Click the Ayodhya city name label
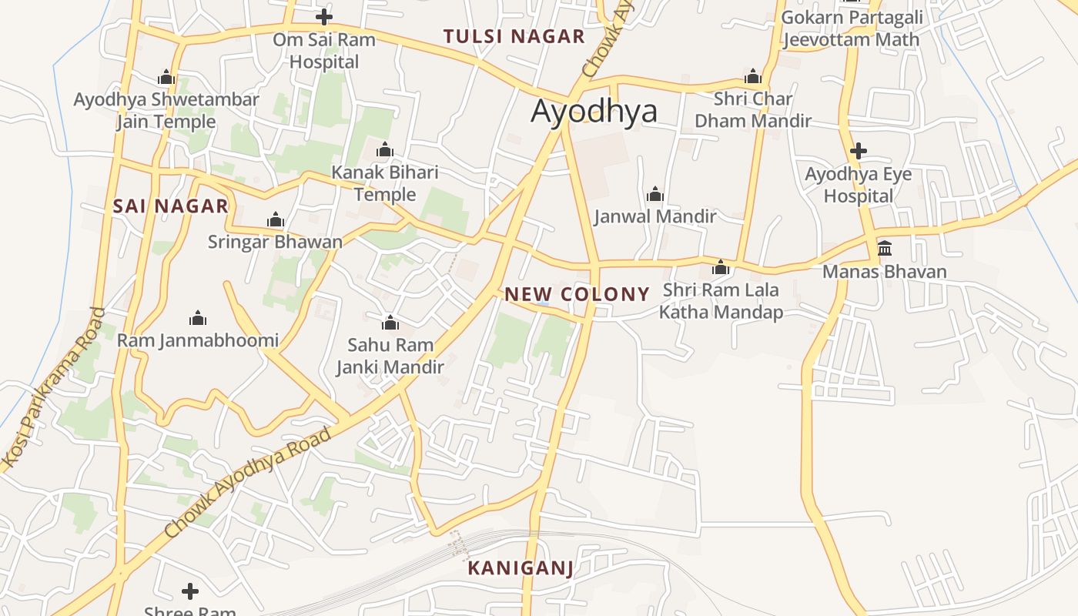[x=594, y=112]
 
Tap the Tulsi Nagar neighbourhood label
[x=514, y=36]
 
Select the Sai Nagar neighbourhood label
[x=170, y=206]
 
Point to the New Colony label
[x=577, y=293]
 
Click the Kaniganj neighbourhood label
[x=521, y=568]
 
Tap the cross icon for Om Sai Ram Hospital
[x=324, y=17]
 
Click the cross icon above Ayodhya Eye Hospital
[x=858, y=151]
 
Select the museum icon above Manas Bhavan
[x=885, y=248]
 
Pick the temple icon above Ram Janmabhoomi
[x=198, y=318]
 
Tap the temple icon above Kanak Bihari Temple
[x=384, y=149]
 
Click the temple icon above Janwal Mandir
[x=654, y=193]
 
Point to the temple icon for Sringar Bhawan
[x=275, y=220]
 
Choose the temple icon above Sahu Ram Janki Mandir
[x=390, y=322]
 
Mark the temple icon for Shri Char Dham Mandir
[x=752, y=76]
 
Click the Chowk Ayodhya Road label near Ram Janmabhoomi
[x=248, y=482]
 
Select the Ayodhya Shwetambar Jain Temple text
[x=166, y=110]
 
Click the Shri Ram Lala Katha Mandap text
[x=721, y=300]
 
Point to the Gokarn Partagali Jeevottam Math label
[x=850, y=28]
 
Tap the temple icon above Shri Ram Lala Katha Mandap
[x=721, y=267]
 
